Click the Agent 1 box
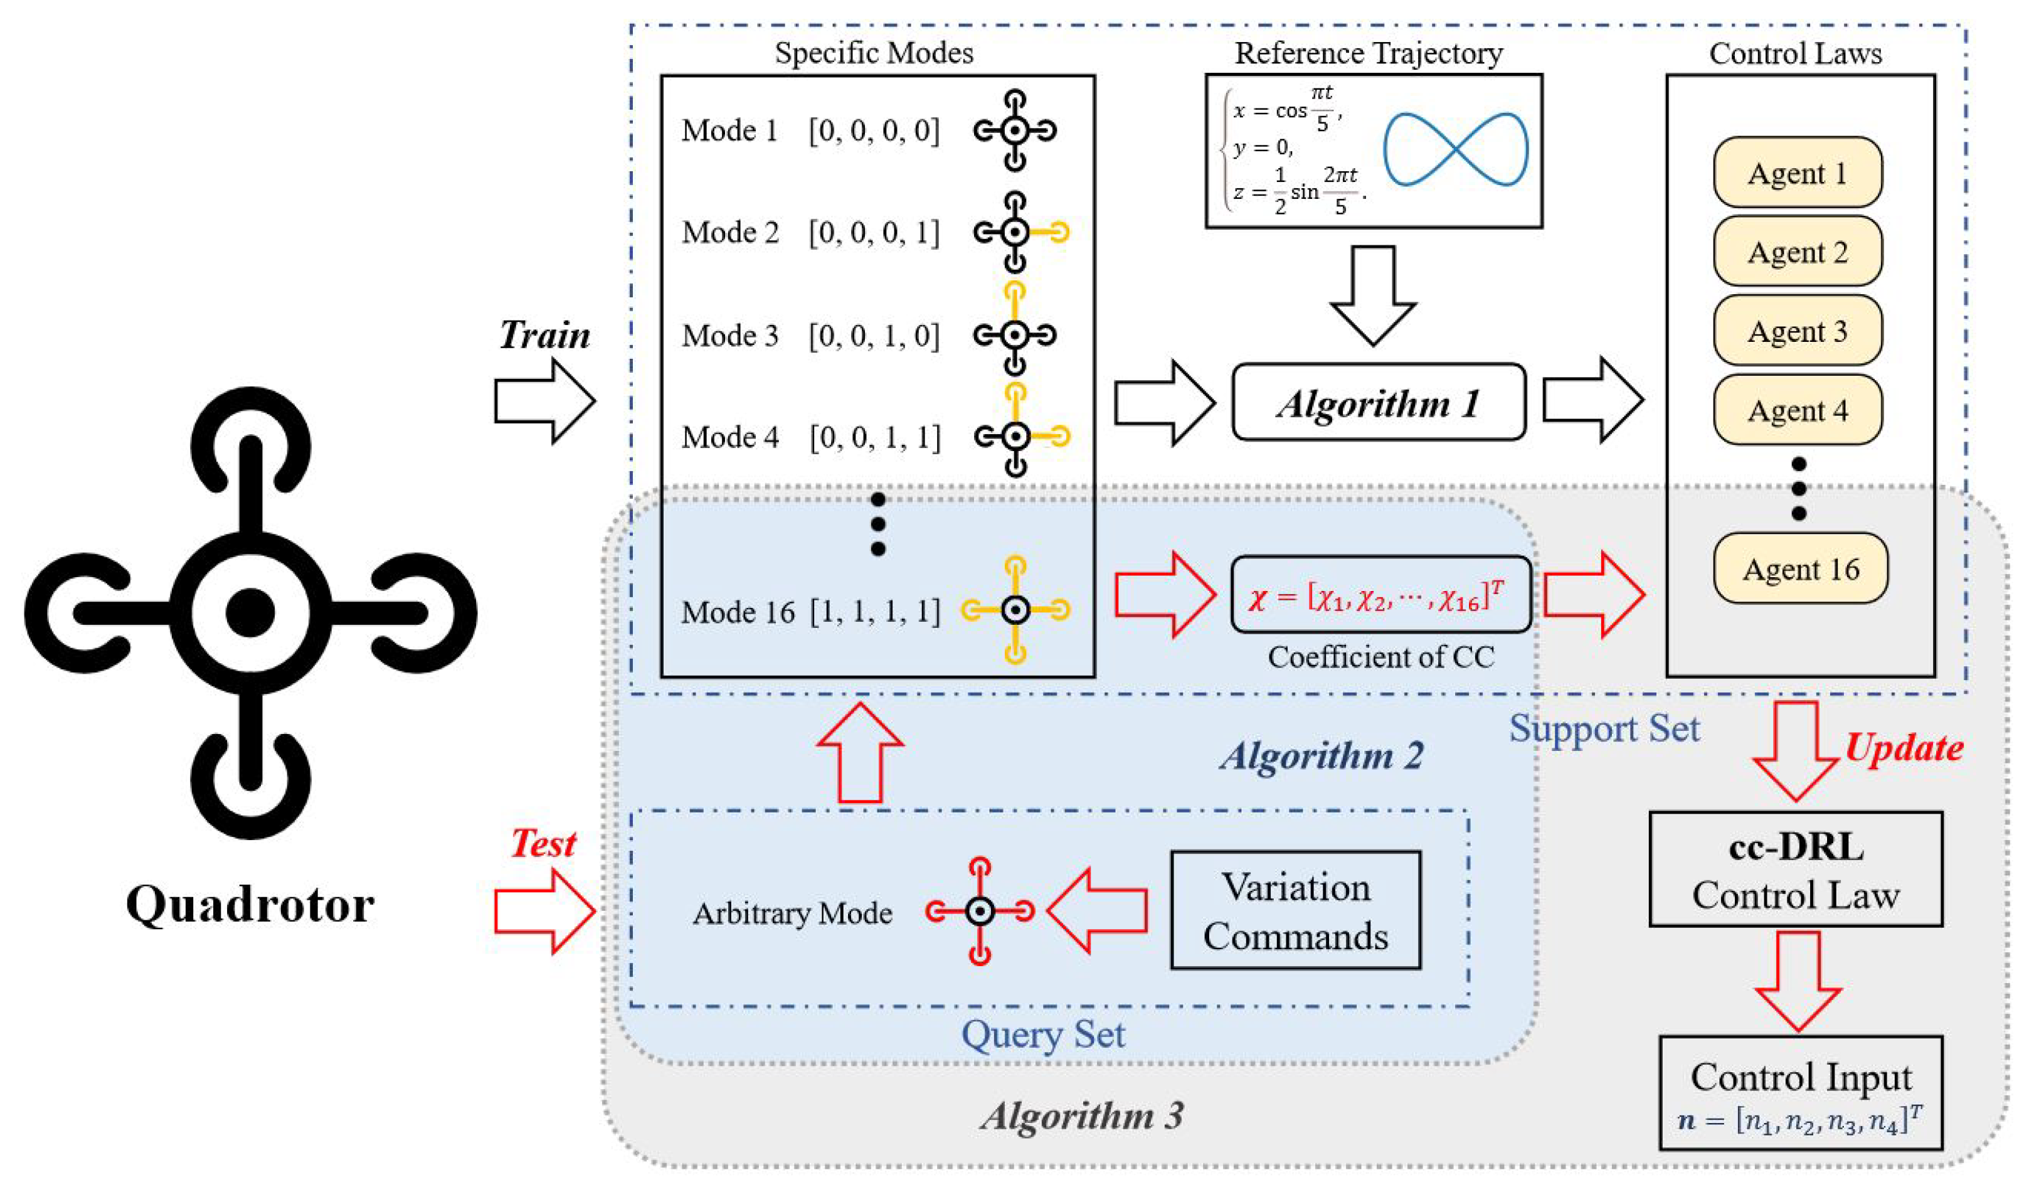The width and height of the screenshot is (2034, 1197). [x=1798, y=173]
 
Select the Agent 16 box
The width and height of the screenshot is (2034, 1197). [x=1800, y=568]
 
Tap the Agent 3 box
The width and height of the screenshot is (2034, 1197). [x=1798, y=331]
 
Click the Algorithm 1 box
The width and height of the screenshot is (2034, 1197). [x=1379, y=403]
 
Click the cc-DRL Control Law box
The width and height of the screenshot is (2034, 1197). [x=1795, y=870]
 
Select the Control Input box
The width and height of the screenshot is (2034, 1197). [x=1800, y=1093]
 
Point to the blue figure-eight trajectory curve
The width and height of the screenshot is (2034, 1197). [x=1455, y=149]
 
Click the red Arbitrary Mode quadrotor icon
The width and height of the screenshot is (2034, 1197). [x=980, y=912]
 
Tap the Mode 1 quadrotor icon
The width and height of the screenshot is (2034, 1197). [x=1015, y=130]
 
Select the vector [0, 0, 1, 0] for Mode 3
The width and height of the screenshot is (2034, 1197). [x=874, y=335]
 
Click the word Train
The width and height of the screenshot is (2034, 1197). [x=544, y=335]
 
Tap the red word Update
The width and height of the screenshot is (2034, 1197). [x=1904, y=747]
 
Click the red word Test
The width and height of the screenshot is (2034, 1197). [x=543, y=844]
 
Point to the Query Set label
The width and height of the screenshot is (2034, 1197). [x=1043, y=1035]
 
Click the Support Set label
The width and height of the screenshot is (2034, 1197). [x=1604, y=728]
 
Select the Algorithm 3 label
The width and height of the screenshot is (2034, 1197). [x=1081, y=1116]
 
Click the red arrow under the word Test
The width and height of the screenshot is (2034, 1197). [x=544, y=912]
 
